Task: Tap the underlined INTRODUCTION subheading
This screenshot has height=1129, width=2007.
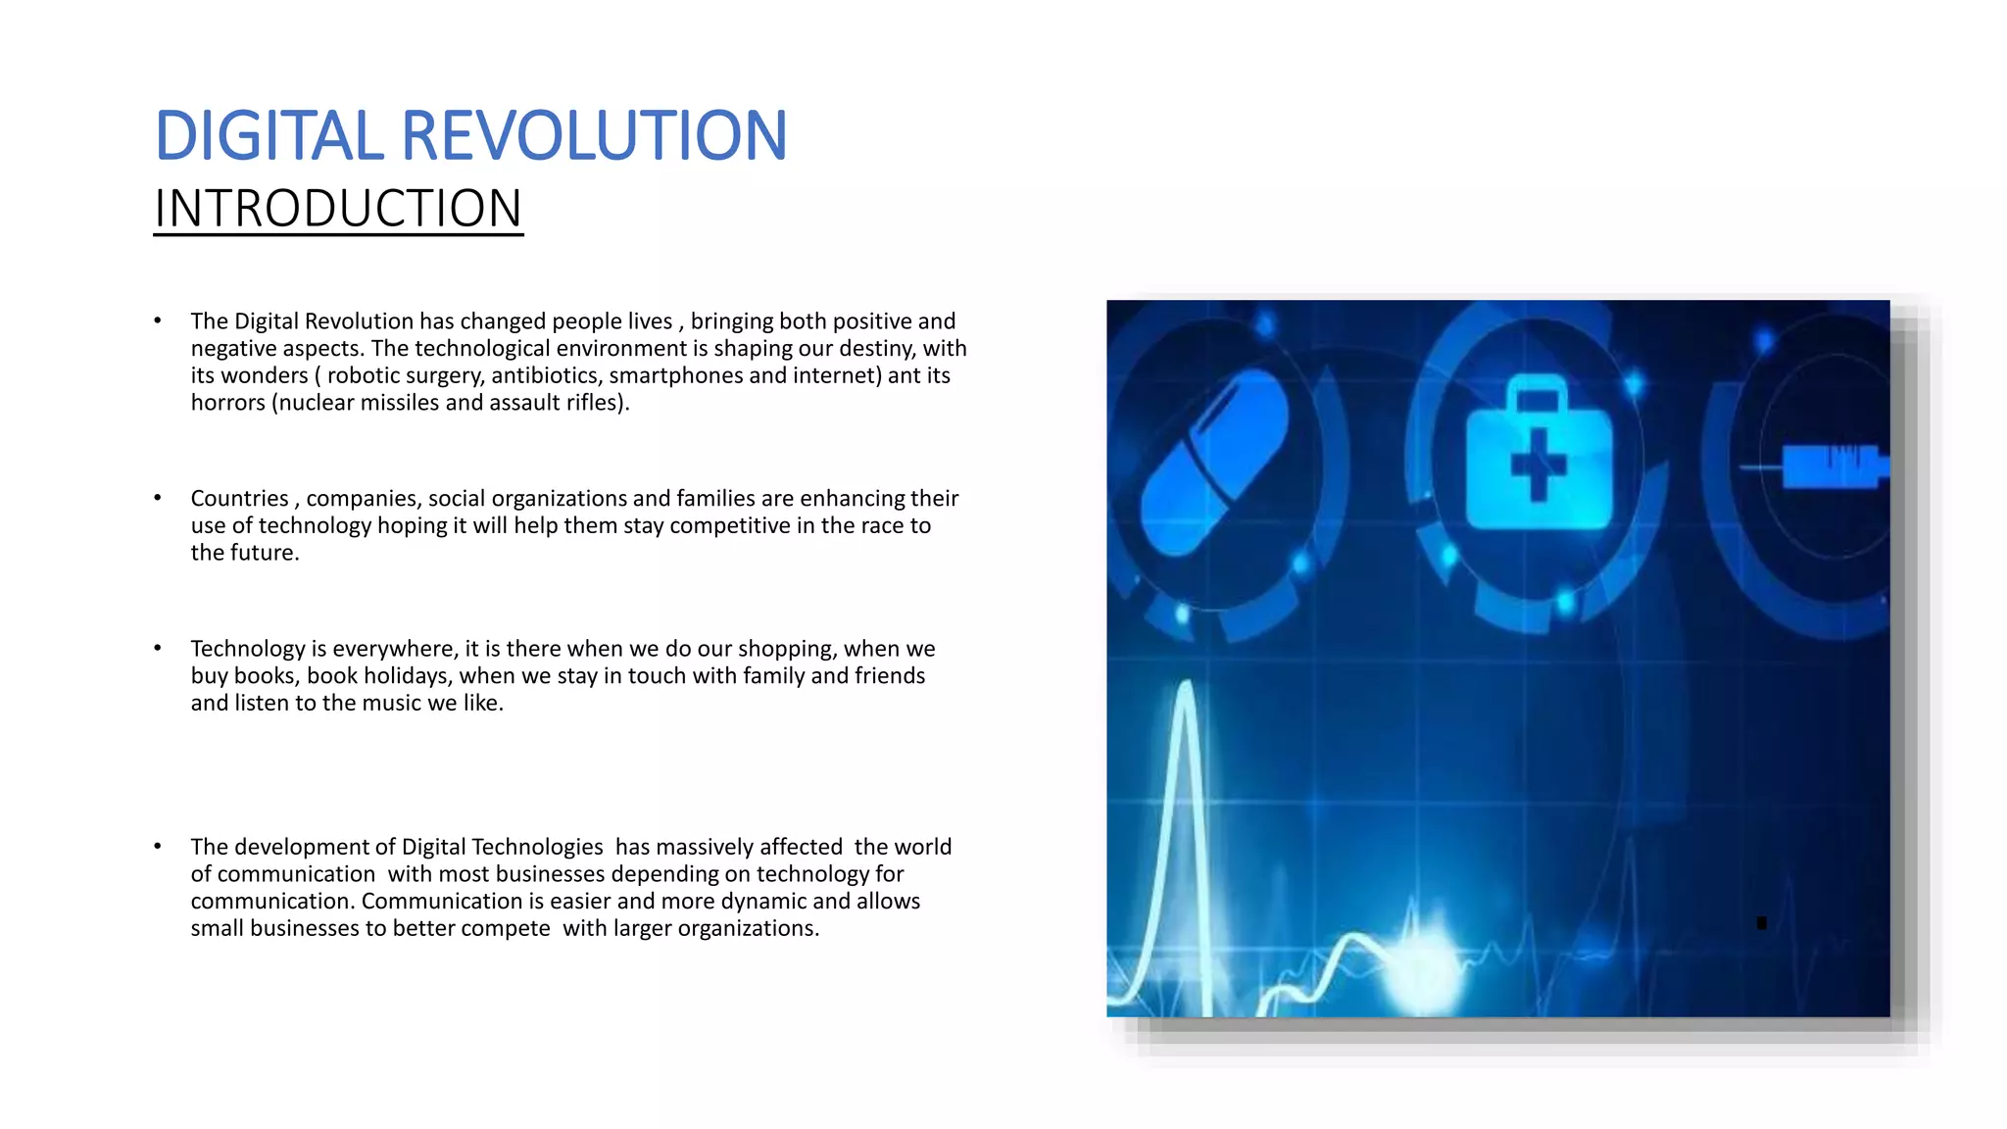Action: [338, 209]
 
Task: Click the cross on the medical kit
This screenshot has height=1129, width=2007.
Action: [1538, 466]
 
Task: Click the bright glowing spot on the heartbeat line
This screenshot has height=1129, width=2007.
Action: [1420, 965]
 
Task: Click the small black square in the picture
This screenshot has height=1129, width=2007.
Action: [1761, 923]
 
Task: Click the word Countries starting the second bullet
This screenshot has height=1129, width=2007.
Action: [239, 499]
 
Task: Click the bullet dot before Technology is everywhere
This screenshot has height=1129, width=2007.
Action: [157, 648]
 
